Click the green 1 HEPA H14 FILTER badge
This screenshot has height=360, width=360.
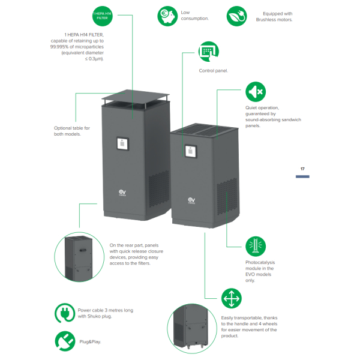click(x=103, y=16)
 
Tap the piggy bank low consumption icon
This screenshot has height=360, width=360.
click(x=167, y=16)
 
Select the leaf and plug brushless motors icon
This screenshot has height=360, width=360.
click(x=237, y=16)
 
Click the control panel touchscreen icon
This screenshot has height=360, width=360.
click(x=208, y=52)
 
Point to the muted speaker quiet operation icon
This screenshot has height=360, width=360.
click(x=256, y=92)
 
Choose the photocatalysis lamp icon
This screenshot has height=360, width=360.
click(x=256, y=247)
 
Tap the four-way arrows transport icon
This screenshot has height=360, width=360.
click(x=232, y=298)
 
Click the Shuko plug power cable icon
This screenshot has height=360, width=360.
click(x=65, y=313)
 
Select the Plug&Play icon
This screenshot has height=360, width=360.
click(x=65, y=341)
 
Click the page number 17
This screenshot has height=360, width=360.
click(x=302, y=169)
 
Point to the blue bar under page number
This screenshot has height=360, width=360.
click(x=302, y=176)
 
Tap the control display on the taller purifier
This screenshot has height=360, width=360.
click(x=122, y=143)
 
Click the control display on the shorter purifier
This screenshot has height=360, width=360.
click(x=191, y=151)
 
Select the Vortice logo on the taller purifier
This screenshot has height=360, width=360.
click(x=122, y=193)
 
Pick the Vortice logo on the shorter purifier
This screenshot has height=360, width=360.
click(x=191, y=200)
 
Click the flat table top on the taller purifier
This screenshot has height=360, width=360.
click(x=136, y=95)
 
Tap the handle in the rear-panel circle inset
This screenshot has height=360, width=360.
click(x=83, y=250)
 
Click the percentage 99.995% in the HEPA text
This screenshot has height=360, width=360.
click(x=59, y=47)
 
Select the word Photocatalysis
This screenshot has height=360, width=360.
click(x=260, y=262)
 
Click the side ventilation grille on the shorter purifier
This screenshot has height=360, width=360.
click(x=227, y=196)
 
